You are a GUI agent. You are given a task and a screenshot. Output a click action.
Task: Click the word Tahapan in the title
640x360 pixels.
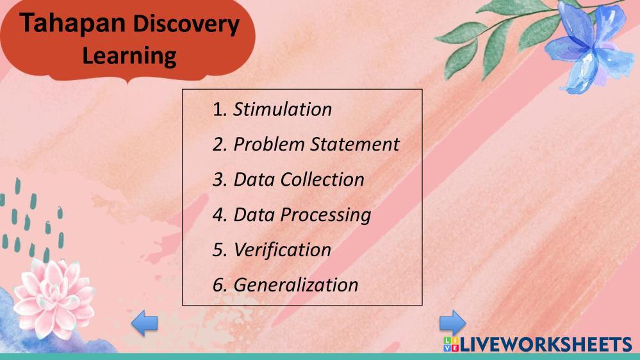pos(72,23)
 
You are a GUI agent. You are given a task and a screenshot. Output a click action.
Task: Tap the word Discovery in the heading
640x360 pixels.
pos(186,24)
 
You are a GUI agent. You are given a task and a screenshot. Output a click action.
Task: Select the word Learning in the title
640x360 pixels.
pos(129,56)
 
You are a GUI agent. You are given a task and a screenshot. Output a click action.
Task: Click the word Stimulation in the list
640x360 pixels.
pos(283,110)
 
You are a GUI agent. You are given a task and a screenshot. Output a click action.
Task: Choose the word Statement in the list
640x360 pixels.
pos(355,145)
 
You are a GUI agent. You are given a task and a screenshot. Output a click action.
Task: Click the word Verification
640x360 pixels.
pos(283,250)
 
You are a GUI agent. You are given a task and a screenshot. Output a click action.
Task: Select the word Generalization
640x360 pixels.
pos(296,285)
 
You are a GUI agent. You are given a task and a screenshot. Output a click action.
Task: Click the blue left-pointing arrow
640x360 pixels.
pos(144,323)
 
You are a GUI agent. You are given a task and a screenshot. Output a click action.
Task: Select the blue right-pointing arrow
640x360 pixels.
pos(453,323)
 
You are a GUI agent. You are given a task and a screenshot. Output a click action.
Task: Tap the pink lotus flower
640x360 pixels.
pos(53,298)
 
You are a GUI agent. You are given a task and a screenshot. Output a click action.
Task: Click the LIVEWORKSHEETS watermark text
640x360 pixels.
pos(546,345)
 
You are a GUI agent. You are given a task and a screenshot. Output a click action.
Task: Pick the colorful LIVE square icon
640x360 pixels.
pos(451,345)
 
